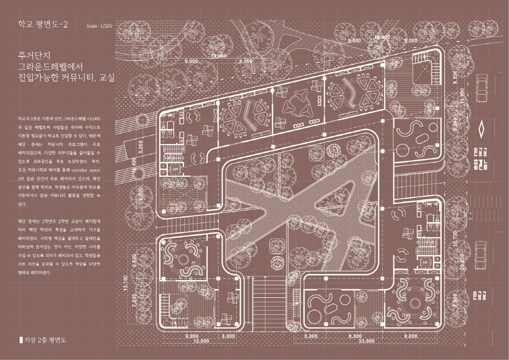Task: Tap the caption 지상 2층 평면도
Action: pos(45,339)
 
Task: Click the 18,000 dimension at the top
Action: pos(219,56)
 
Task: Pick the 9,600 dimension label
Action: pos(354,40)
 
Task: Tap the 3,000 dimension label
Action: pos(229,336)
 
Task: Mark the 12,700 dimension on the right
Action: pos(455,239)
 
